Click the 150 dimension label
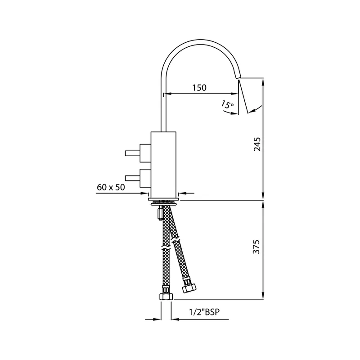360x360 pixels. point(199,88)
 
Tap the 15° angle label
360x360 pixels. point(227,104)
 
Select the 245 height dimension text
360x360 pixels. point(257,144)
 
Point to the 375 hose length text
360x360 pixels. point(256,247)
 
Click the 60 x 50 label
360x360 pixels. point(111,187)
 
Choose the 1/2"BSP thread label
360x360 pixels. point(204,312)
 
